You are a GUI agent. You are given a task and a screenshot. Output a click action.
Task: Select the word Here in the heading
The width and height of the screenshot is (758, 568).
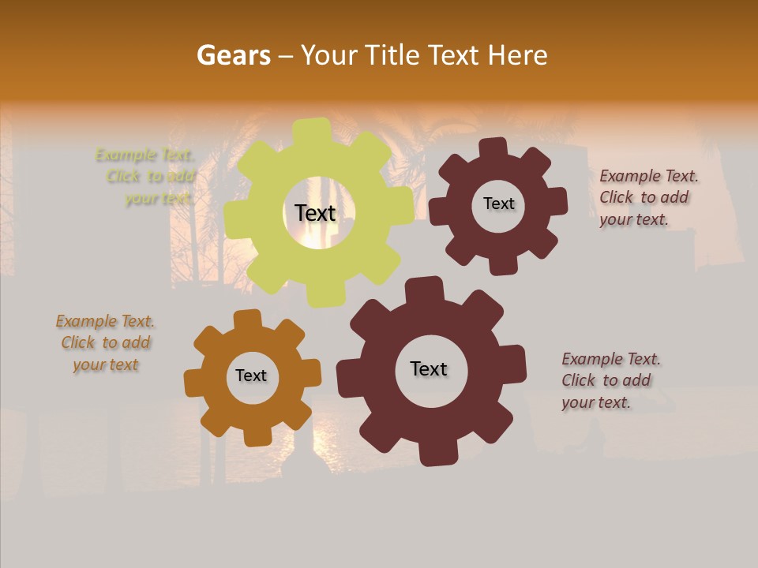click(x=517, y=55)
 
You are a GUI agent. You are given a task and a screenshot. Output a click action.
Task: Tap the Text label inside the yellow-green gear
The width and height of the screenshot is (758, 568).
click(x=315, y=213)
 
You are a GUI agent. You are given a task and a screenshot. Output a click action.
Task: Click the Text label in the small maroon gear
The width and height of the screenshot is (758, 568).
click(x=498, y=204)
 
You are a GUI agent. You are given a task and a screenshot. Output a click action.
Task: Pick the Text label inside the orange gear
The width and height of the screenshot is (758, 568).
click(x=251, y=376)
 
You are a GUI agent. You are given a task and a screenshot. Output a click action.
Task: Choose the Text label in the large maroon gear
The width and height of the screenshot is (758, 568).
click(x=429, y=368)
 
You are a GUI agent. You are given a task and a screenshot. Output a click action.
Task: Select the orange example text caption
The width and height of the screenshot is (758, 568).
click(x=105, y=343)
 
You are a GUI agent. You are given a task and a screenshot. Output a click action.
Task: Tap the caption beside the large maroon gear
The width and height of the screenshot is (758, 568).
click(x=610, y=380)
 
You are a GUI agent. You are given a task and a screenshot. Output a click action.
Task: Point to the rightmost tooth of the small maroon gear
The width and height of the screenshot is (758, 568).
click(x=557, y=202)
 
